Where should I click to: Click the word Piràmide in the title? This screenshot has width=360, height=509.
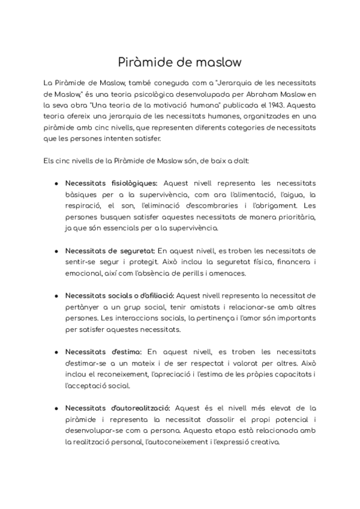coord(140,62)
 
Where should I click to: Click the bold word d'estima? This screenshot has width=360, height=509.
coord(125,351)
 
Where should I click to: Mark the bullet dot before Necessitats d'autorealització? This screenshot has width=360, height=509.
coord(56,408)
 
